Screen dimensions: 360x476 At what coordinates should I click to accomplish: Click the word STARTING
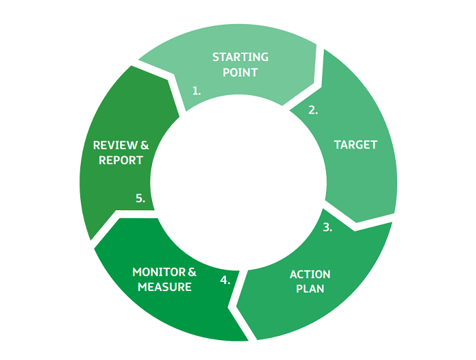click(240, 58)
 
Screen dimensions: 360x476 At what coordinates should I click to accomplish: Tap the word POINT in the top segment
click(240, 72)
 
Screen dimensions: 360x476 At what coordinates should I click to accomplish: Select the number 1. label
click(197, 91)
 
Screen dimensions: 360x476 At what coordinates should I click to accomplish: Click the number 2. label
click(313, 110)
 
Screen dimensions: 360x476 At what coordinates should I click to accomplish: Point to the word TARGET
click(355, 145)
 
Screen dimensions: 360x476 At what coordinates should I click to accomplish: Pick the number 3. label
click(328, 228)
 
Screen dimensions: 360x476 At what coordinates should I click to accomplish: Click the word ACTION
click(310, 274)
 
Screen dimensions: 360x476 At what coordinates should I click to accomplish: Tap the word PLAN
click(310, 289)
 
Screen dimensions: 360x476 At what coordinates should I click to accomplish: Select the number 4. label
click(225, 280)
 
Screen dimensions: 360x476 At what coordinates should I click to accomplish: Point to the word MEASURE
click(164, 287)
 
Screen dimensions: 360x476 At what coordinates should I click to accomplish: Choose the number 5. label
click(141, 199)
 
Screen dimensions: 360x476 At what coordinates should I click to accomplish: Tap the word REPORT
click(121, 160)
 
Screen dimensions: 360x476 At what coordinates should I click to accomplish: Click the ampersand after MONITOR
click(192, 272)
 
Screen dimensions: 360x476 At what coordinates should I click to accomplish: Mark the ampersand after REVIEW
click(144, 145)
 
